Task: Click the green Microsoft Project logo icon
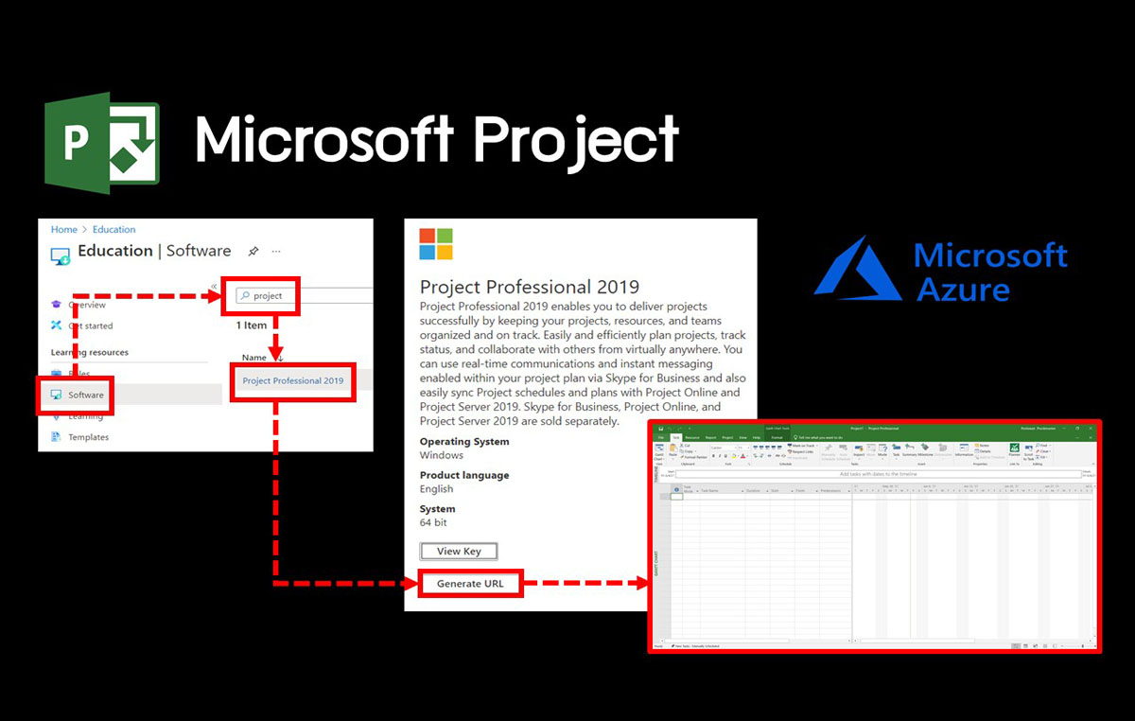point(102,143)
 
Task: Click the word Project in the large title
point(575,139)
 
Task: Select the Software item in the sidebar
point(85,395)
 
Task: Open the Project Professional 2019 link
point(292,380)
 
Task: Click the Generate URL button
point(470,584)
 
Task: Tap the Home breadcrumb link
point(63,229)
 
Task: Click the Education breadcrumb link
point(113,229)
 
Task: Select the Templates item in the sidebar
point(88,437)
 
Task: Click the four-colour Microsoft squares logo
point(436,244)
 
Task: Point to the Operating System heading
point(464,442)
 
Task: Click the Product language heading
point(464,475)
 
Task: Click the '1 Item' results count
point(252,325)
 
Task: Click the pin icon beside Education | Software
point(253,252)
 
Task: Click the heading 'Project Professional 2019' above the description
point(530,287)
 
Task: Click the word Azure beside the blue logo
point(963,288)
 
